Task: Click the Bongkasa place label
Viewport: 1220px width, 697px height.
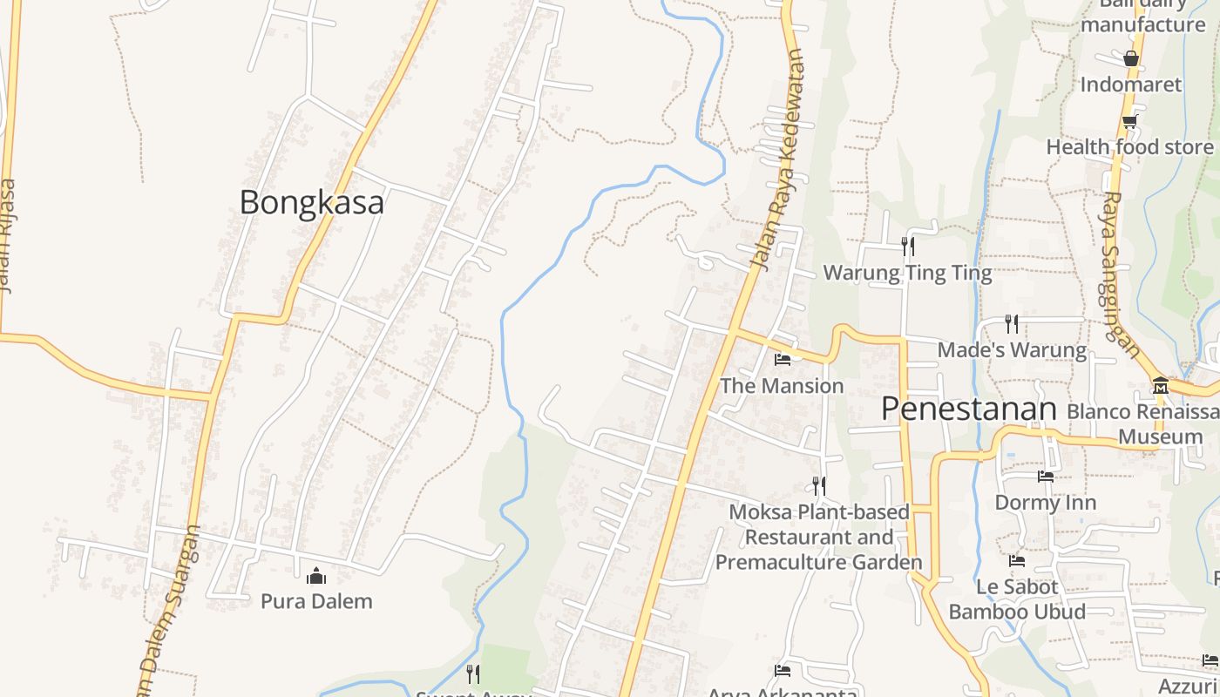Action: click(x=311, y=202)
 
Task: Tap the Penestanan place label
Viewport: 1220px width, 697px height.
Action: click(x=968, y=408)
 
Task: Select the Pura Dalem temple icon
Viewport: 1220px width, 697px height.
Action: click(x=315, y=576)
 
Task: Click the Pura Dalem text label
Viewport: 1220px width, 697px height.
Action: click(x=316, y=601)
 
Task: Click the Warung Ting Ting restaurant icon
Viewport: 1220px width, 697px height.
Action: click(x=908, y=247)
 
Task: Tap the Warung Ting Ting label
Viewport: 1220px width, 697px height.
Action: click(x=907, y=273)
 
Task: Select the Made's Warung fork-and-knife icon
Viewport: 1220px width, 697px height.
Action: click(x=1011, y=324)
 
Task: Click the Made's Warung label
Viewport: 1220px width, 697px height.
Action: click(x=1012, y=350)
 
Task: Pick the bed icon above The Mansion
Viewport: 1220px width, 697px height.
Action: click(x=782, y=359)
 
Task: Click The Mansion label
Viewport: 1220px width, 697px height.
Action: click(x=782, y=385)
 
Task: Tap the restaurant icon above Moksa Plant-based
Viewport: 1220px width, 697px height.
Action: click(x=818, y=485)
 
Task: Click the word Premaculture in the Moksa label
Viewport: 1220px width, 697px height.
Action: click(x=818, y=562)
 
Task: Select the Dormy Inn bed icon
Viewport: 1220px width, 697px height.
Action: click(x=1045, y=477)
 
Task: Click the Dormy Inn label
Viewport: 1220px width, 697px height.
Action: click(x=1045, y=503)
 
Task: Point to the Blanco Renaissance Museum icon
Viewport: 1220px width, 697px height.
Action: click(x=1160, y=385)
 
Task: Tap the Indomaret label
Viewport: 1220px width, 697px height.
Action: click(x=1130, y=85)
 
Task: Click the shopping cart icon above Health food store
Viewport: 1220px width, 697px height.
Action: click(x=1129, y=121)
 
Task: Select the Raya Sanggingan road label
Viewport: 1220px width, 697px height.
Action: click(x=1121, y=274)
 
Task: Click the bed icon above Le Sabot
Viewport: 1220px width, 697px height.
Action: click(x=1016, y=560)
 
